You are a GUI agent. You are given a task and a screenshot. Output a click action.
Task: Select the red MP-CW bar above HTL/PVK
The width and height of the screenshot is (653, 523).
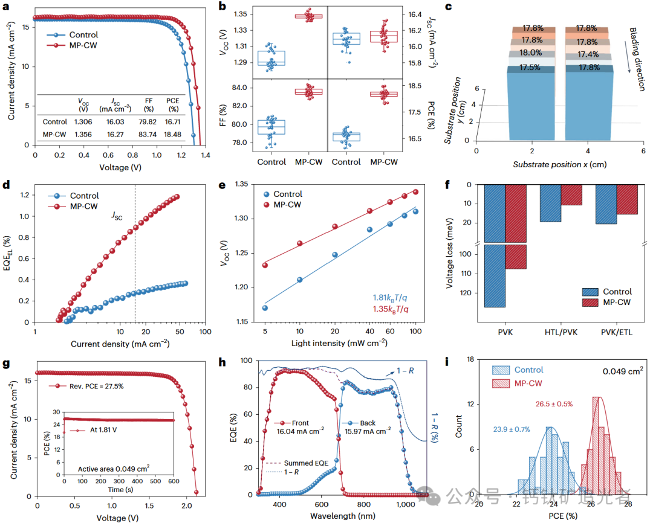(571, 194)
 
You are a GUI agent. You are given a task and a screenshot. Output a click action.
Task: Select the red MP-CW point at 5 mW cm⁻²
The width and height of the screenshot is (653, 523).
(264, 265)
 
